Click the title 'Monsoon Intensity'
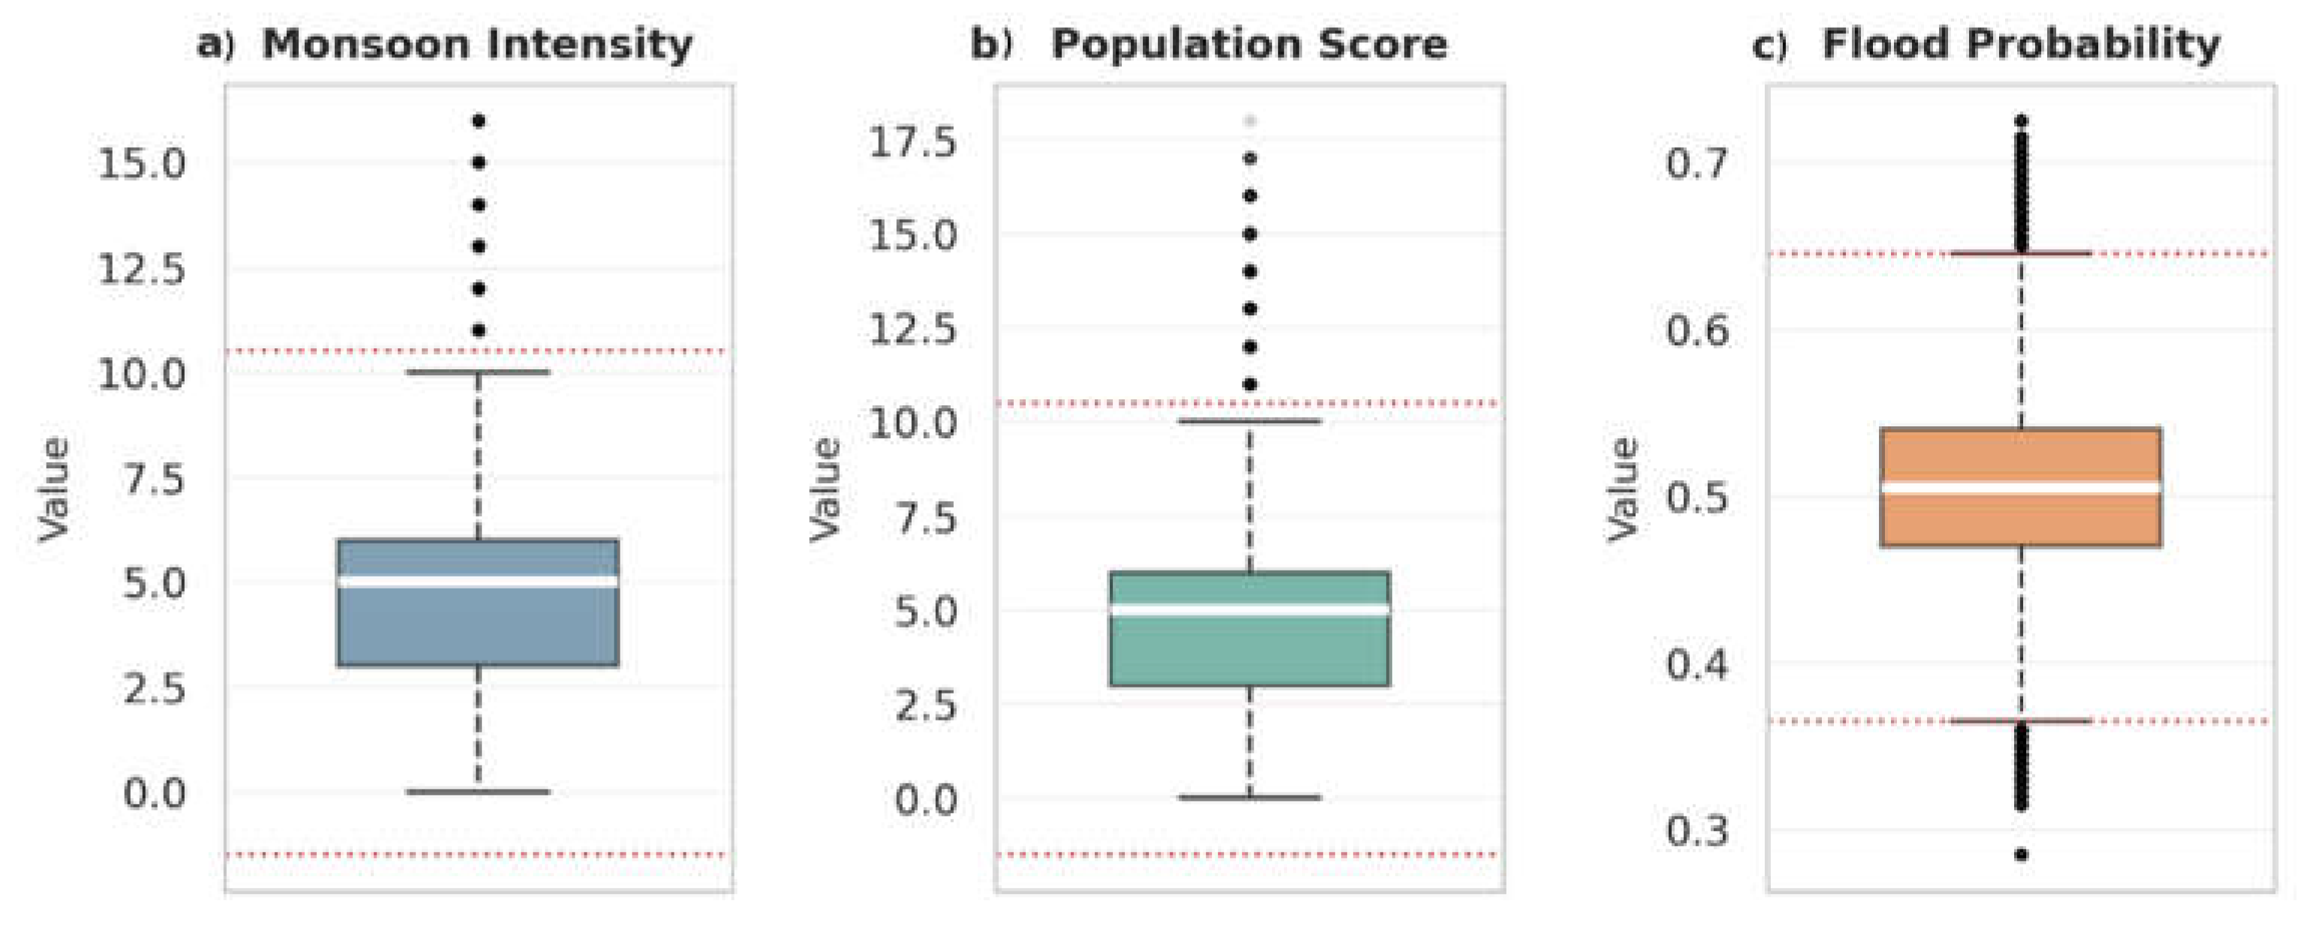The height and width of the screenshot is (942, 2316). (478, 45)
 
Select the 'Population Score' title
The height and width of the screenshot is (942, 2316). (1250, 45)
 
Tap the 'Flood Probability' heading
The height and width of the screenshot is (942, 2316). (2021, 45)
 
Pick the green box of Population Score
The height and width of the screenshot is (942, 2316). (1250, 629)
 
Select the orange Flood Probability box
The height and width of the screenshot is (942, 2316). (2021, 487)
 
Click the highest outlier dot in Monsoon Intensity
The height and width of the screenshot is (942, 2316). (478, 120)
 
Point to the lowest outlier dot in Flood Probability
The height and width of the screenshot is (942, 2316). (2021, 855)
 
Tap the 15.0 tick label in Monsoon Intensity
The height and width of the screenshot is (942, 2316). (142, 164)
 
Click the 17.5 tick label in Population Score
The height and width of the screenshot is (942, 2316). (912, 142)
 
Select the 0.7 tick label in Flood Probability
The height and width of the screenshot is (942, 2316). (1697, 164)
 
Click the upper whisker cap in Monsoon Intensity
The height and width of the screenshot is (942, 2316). (478, 372)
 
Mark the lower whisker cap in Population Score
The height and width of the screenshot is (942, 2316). (1250, 797)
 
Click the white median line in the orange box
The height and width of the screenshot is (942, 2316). (2021, 487)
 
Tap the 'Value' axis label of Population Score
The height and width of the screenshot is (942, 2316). (825, 490)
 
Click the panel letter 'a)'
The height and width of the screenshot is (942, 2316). (216, 45)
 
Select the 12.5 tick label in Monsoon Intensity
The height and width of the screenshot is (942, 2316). (142, 269)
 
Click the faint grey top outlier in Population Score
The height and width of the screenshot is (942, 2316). (1250, 120)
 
